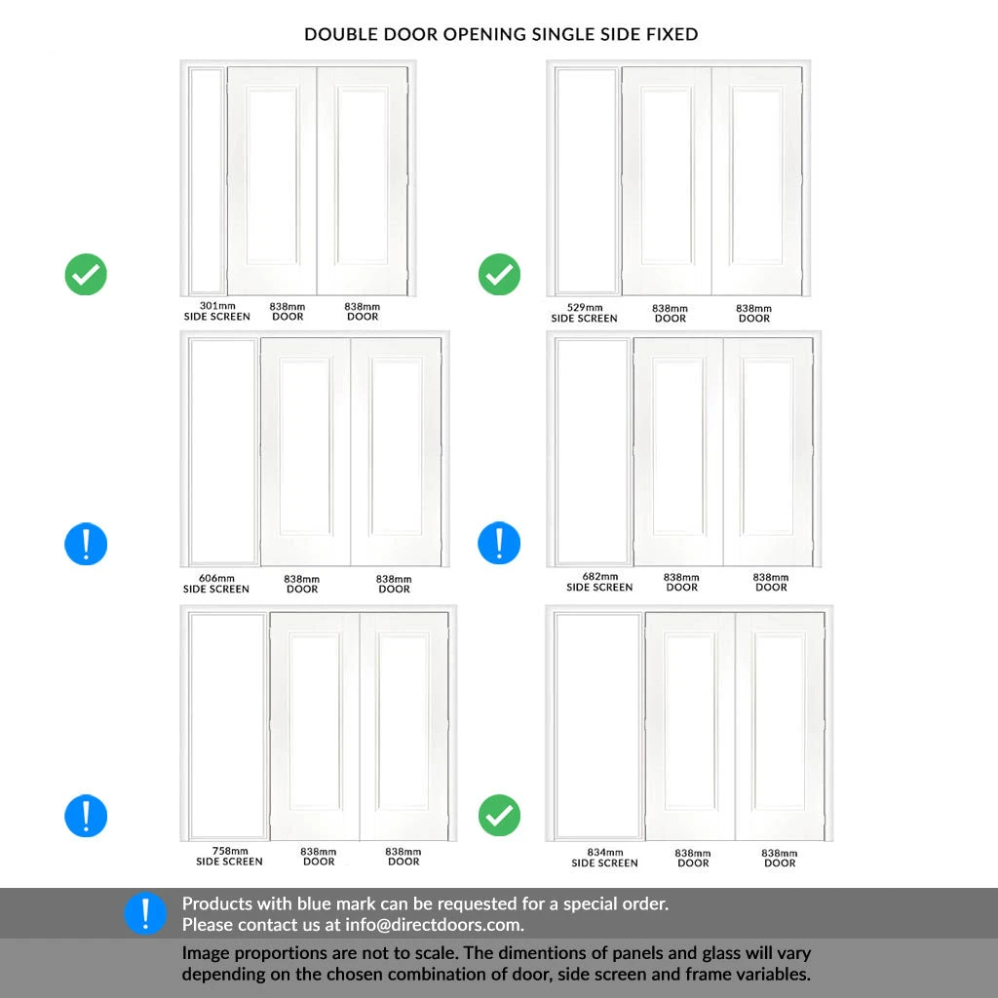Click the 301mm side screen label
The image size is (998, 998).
[x=217, y=311]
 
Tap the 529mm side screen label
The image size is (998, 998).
[x=584, y=313]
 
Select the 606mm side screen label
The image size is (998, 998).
[x=216, y=584]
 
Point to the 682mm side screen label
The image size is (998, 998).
[x=599, y=582]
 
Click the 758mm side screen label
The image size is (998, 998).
[x=229, y=856]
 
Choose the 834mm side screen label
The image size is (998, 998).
[x=604, y=858]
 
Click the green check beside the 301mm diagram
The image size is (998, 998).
[x=86, y=275]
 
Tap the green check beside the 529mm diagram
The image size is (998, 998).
[x=499, y=275]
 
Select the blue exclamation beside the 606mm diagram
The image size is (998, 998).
[x=86, y=543]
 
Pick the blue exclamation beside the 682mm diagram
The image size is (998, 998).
[x=499, y=543]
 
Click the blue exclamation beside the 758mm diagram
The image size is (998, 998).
[x=86, y=815]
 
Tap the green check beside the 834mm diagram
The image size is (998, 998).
[x=499, y=815]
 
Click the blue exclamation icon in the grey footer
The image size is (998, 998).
[x=145, y=914]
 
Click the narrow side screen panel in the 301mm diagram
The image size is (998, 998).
[x=206, y=180]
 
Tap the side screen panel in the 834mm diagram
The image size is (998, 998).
[x=597, y=725]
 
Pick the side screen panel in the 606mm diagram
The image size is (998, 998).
[x=222, y=450]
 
